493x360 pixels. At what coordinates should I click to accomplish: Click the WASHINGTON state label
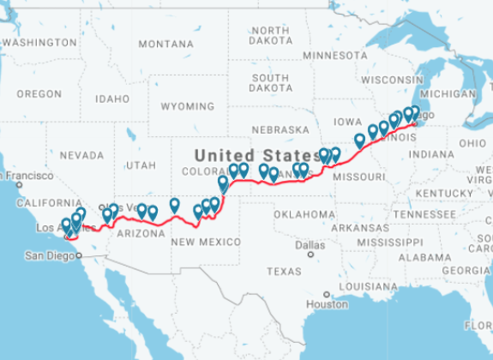coord(40,42)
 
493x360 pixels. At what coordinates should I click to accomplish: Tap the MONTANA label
coord(165,44)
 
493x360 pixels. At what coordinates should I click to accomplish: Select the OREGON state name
coord(39,93)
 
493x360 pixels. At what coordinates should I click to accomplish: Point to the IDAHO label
coord(111,99)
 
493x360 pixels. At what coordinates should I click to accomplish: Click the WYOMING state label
coord(187,106)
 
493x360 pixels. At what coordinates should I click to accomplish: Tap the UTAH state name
coord(141,164)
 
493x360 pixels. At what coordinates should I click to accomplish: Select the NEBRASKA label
coord(280,129)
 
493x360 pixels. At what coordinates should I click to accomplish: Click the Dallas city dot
coord(310,254)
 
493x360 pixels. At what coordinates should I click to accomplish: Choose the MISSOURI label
coord(358,176)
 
